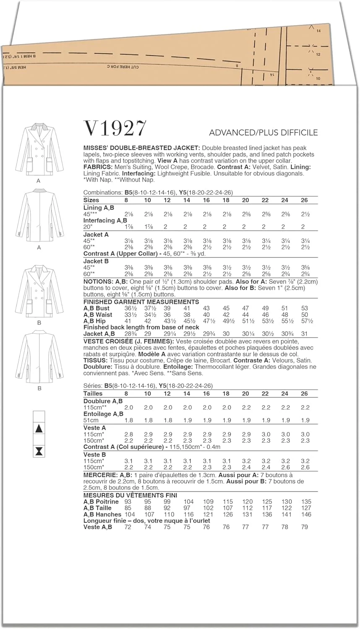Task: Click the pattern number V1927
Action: tap(115, 128)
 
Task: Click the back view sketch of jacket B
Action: tap(39, 357)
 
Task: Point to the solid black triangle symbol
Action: tap(39, 429)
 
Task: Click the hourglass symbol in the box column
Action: tap(39, 451)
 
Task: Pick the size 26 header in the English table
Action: tap(304, 200)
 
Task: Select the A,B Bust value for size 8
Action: tap(127, 308)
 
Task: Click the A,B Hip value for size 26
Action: tap(305, 321)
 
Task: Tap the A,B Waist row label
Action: tap(98, 314)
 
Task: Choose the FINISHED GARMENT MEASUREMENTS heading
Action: tap(141, 302)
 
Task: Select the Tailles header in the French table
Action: tap(93, 393)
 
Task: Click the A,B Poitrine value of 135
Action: tap(306, 502)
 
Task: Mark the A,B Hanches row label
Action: tap(102, 514)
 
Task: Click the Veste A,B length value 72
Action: tap(128, 527)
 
